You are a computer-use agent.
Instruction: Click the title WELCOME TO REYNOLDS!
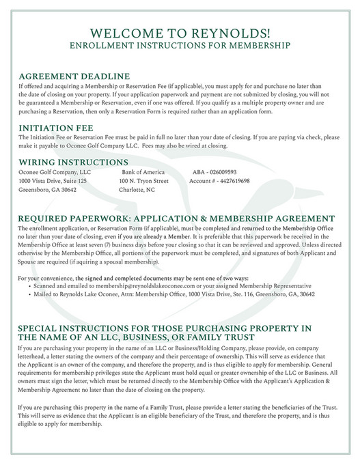[180, 33]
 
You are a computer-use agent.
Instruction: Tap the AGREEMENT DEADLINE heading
[74, 76]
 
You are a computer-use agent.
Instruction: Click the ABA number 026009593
[215, 173]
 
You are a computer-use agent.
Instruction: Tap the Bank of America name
[143, 173]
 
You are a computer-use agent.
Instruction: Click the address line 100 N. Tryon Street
[143, 182]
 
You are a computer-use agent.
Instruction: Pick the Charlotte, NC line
[137, 191]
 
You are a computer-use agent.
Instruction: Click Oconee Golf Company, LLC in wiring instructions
[54, 173]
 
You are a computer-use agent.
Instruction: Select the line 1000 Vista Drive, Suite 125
[53, 182]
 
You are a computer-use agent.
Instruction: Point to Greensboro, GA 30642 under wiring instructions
[47, 191]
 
